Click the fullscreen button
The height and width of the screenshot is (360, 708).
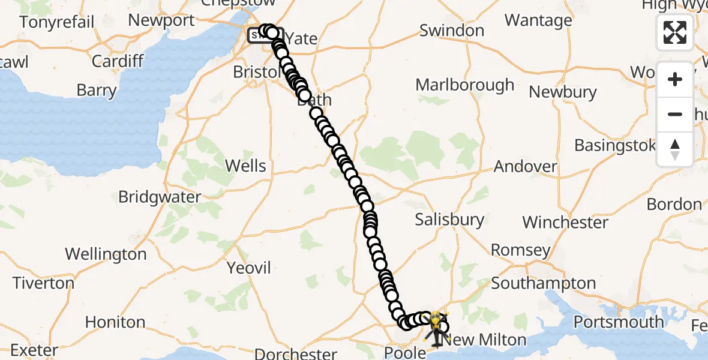(x=675, y=32)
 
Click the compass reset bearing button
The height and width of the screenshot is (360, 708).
(x=675, y=149)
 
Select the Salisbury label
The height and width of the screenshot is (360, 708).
(x=449, y=220)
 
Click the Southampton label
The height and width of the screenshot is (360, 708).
(x=544, y=283)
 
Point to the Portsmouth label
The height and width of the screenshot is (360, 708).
(x=619, y=322)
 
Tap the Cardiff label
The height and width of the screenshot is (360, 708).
(x=118, y=61)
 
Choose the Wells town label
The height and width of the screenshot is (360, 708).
(x=247, y=166)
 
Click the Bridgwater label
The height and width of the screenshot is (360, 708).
(x=160, y=197)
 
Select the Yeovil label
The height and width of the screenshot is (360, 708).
(x=249, y=268)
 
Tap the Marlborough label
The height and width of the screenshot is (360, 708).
(x=466, y=85)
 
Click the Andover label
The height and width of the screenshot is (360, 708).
(x=526, y=166)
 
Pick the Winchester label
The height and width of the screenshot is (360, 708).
(x=565, y=223)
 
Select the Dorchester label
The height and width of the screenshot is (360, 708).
(x=296, y=353)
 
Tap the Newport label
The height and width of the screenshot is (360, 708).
(x=161, y=20)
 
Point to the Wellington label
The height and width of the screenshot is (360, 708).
(x=106, y=254)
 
